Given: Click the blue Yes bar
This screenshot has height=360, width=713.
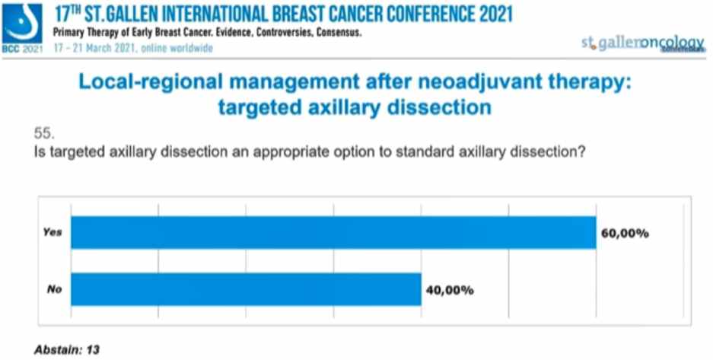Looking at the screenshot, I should coord(333,233).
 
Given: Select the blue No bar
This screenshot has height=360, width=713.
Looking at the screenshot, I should coord(246,290).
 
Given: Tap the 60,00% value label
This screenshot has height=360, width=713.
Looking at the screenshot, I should coord(625,233).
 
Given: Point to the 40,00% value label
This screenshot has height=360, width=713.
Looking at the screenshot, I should coord(450,290).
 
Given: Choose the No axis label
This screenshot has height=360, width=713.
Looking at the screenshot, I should coord(53,290).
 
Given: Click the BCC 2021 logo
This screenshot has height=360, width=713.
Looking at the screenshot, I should coord(22,27).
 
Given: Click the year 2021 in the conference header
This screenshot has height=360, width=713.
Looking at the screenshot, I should coord(489,14).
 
